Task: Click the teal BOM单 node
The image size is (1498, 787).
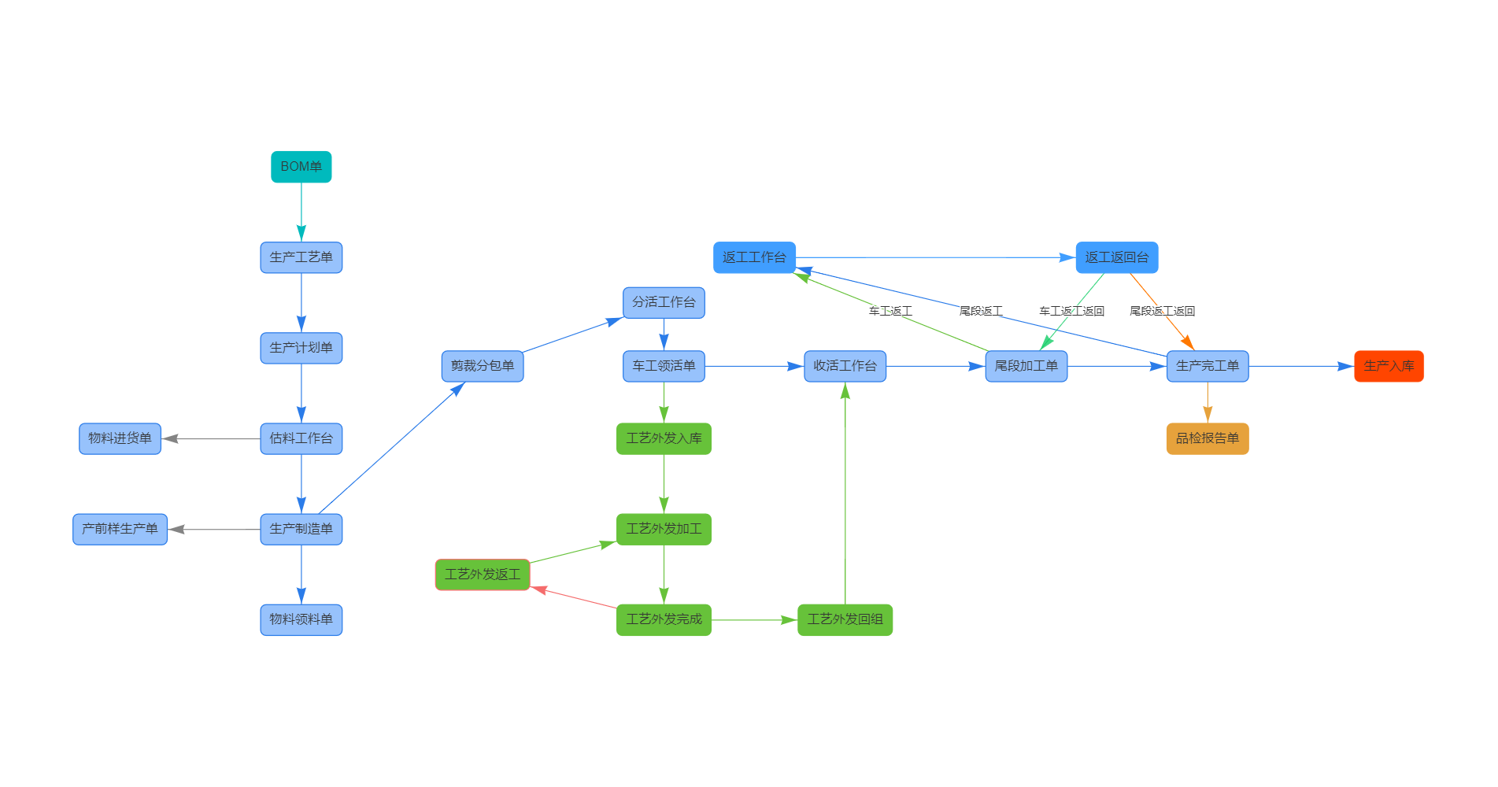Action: click(x=301, y=167)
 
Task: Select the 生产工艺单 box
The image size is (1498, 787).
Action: click(x=301, y=257)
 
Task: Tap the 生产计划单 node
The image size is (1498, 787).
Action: click(x=301, y=348)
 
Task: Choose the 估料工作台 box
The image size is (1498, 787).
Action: click(x=301, y=438)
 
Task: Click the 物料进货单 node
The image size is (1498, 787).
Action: click(x=120, y=438)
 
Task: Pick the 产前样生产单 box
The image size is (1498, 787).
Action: click(x=120, y=529)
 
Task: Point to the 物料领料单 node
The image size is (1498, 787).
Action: click(x=301, y=619)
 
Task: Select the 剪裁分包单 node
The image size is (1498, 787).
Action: click(x=482, y=366)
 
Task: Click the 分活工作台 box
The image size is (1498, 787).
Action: click(x=664, y=302)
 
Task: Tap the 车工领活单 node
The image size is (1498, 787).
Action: click(x=664, y=366)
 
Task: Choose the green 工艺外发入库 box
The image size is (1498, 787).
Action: click(x=664, y=438)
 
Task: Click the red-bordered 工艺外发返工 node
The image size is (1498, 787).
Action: click(x=482, y=575)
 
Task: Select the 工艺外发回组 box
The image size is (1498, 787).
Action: click(x=845, y=619)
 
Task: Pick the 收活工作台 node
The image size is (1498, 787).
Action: click(x=845, y=366)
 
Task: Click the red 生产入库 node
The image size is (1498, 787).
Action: click(x=1389, y=366)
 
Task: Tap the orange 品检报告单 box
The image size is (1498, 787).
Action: click(x=1207, y=438)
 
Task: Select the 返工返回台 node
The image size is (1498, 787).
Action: click(x=1116, y=257)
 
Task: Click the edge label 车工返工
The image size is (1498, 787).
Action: click(x=890, y=312)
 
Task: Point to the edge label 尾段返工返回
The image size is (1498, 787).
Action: click(x=1162, y=312)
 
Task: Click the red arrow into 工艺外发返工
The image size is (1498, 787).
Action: click(x=575, y=597)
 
